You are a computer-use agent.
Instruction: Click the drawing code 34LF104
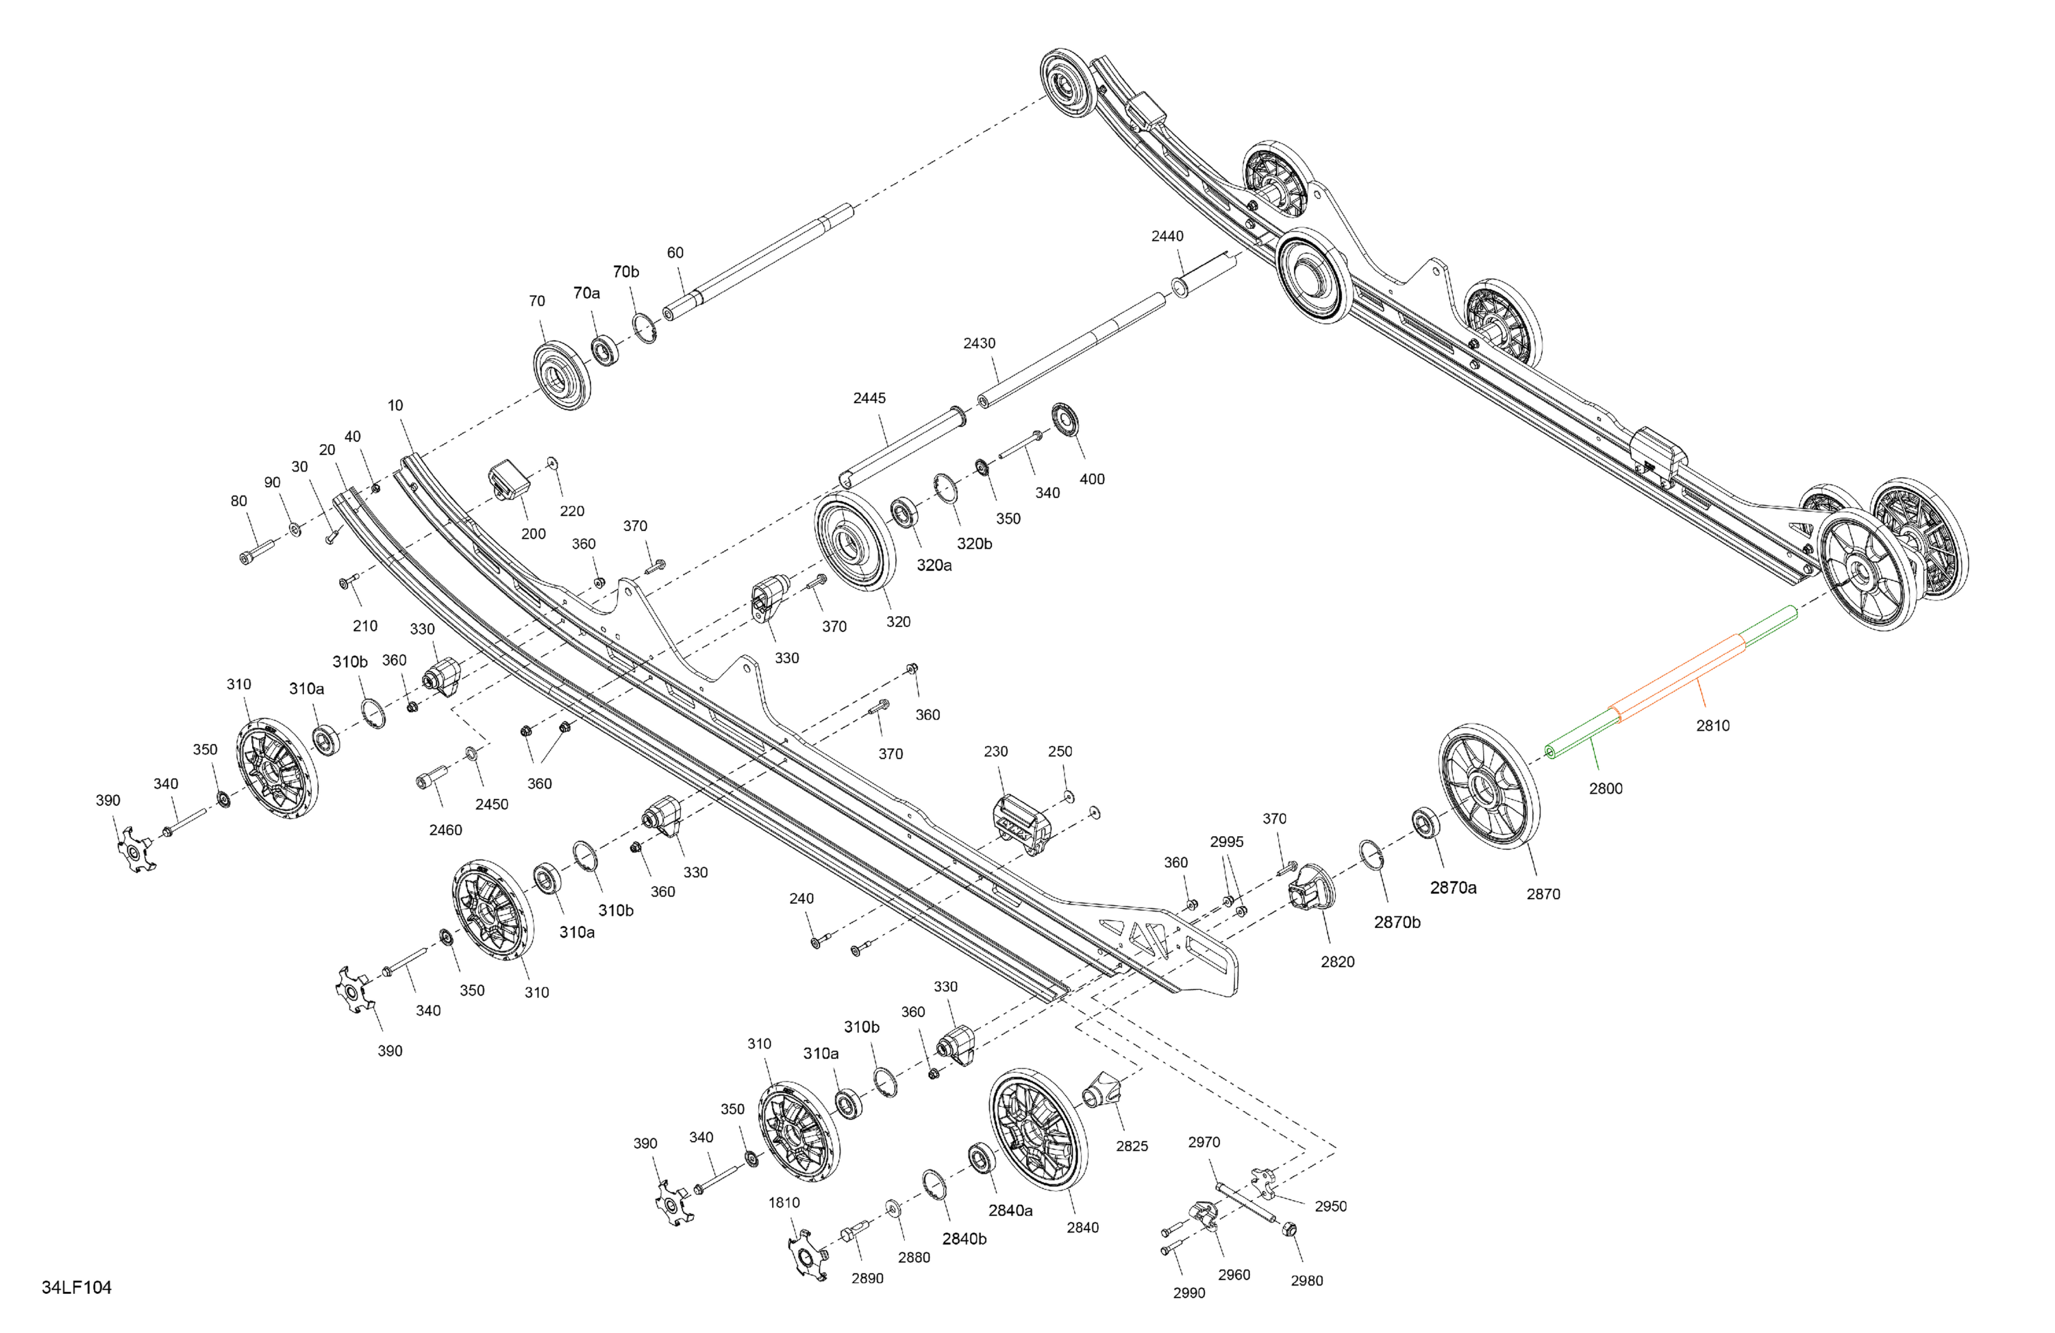(x=77, y=1287)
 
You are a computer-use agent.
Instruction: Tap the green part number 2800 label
(x=1605, y=788)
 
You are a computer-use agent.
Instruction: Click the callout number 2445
(x=869, y=398)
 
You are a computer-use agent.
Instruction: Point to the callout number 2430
(x=979, y=343)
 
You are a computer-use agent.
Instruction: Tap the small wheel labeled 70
(x=561, y=376)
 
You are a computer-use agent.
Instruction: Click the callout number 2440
(x=1167, y=236)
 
